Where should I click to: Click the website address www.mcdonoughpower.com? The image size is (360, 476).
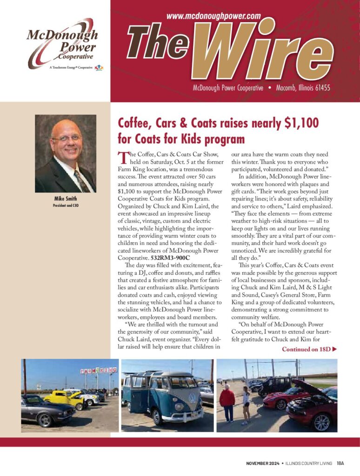coord(213,16)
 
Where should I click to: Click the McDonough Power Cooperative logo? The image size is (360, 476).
coord(62,44)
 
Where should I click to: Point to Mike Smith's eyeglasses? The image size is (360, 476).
coord(66,138)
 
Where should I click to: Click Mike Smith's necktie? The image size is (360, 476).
coord(81,180)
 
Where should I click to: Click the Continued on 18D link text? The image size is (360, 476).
coord(309,349)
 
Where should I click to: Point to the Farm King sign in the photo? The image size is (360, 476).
coord(98,371)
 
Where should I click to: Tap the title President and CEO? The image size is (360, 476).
coord(65,205)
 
